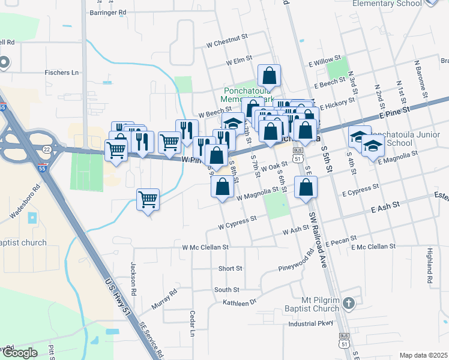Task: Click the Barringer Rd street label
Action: pos(107,11)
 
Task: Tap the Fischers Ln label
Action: pos(62,73)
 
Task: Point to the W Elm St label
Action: pos(238,61)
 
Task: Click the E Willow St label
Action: pos(324,61)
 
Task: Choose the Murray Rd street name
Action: pos(164,299)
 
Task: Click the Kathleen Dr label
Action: pos(240,302)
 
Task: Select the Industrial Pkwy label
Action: pos(310,323)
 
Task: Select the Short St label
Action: pos(231,268)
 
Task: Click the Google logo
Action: pos(19,353)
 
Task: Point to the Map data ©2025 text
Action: pos(423,355)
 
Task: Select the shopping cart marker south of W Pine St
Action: pos(148,199)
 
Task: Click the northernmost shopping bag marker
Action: pos(270,76)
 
